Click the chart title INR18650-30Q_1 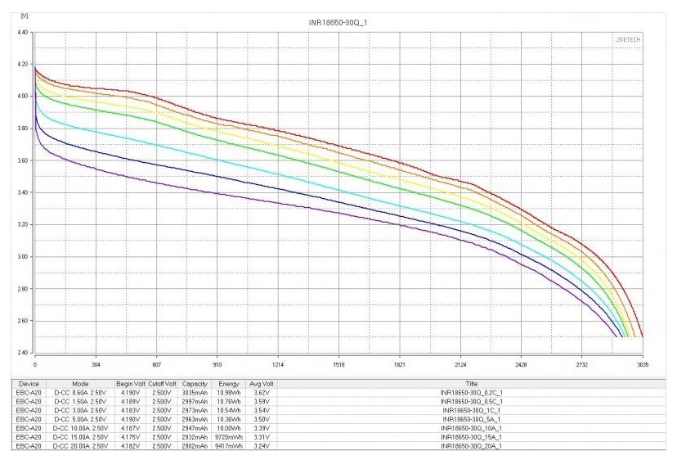click(x=339, y=20)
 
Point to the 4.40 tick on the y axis click(x=22, y=32)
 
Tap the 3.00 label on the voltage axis click(x=22, y=257)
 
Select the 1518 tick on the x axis click(x=339, y=366)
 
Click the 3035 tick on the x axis click(x=642, y=366)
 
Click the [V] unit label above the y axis click(x=23, y=16)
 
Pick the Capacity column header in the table click(x=195, y=383)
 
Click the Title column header click(x=470, y=383)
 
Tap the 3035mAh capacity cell click(x=195, y=393)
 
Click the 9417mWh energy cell click(x=230, y=447)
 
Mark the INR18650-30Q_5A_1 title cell click(x=470, y=420)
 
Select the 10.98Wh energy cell click(x=230, y=393)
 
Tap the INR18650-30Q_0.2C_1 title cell click(x=470, y=393)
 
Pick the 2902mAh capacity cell click(x=195, y=447)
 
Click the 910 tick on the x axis click(x=217, y=366)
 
